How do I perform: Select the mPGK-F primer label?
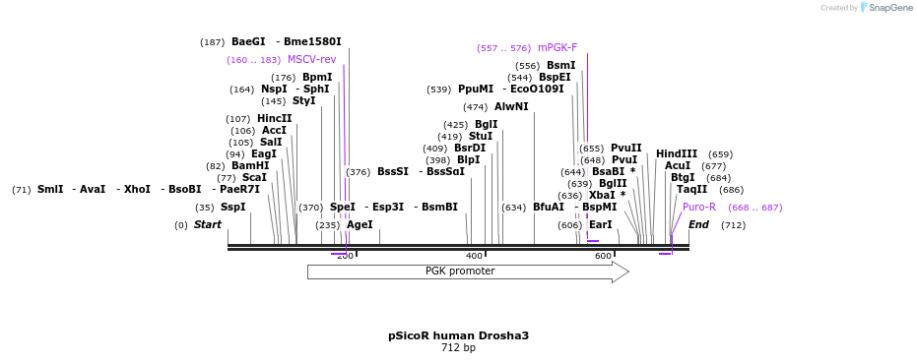pos(557,47)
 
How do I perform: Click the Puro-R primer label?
pos(699,208)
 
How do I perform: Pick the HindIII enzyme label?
pos(677,154)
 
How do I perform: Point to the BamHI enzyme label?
pos(250,166)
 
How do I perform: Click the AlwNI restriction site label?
pos(511,106)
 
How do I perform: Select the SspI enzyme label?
pos(232,208)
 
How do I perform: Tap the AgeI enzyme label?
pos(360,225)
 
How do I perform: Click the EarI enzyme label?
pos(600,225)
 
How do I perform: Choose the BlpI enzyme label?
pos(468,160)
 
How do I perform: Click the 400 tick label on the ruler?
pos(474,256)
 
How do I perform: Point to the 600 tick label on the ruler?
pos(603,256)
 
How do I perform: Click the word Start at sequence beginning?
pos(208,225)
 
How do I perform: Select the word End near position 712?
pos(698,225)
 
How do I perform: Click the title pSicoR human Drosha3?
pos(458,335)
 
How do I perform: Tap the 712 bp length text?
pos(458,347)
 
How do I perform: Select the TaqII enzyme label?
pos(691,190)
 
